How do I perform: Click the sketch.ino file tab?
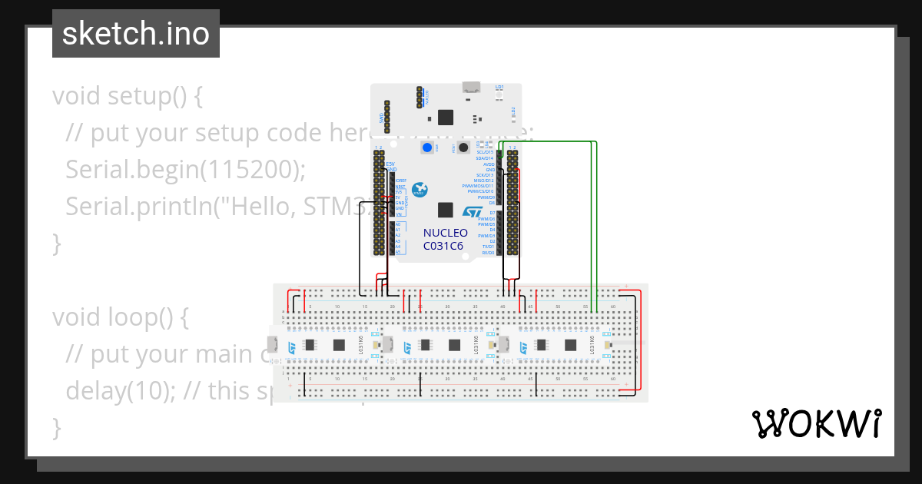(x=135, y=34)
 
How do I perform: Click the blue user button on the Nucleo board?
(x=424, y=148)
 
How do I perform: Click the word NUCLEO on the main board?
(x=445, y=233)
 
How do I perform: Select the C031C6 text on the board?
(x=443, y=246)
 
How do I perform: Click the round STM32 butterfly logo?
(x=420, y=190)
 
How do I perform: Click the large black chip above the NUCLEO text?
(x=445, y=210)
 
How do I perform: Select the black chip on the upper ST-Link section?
(x=446, y=117)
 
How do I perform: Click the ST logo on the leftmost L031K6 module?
(x=293, y=348)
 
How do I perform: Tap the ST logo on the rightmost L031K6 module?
(x=524, y=348)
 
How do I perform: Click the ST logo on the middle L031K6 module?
(x=408, y=348)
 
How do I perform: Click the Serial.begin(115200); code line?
(x=185, y=169)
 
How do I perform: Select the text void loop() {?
(x=121, y=317)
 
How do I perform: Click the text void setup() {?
(x=127, y=97)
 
